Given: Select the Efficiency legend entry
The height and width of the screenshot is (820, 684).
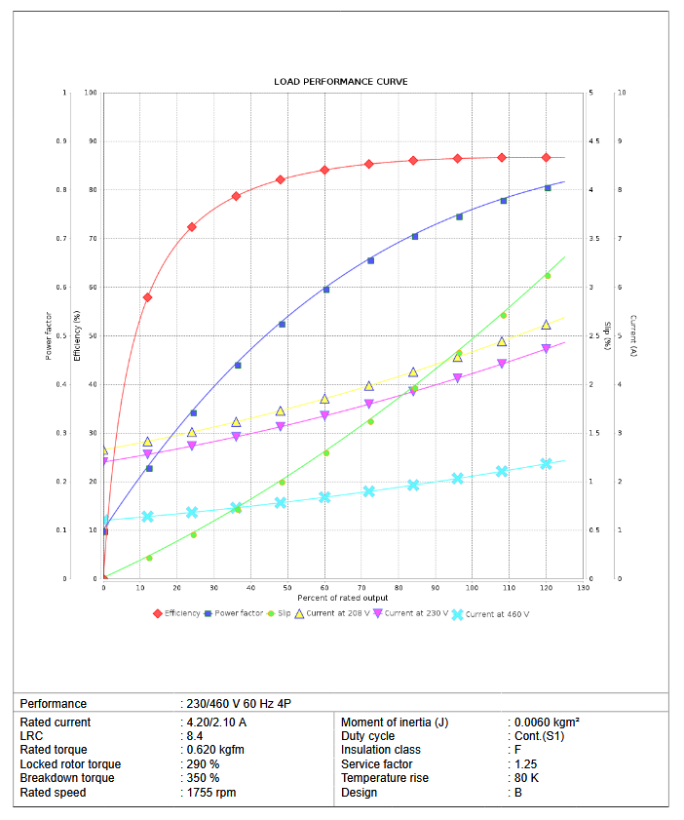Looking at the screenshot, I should point(182,613).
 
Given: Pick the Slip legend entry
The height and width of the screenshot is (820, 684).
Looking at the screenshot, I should point(284,613).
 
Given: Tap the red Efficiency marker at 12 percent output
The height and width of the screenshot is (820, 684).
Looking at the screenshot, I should point(148,297).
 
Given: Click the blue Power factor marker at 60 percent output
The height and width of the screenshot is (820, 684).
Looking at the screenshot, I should point(326,290).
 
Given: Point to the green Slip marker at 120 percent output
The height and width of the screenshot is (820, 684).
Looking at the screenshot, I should point(548,276).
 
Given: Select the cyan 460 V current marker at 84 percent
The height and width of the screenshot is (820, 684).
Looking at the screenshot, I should point(413,485).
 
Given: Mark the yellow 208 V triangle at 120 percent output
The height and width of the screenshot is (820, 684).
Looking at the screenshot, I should point(547,325).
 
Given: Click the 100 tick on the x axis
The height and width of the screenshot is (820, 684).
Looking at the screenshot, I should point(473,588).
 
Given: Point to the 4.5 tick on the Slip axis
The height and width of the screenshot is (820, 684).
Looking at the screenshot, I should point(592,141).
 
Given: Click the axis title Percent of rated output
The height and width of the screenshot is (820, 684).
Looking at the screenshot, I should point(343,598).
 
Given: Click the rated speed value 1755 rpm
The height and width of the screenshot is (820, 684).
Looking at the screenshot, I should point(211,793).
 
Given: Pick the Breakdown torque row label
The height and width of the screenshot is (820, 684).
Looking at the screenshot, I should point(67,778).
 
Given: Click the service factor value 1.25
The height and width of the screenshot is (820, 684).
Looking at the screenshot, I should point(526,764).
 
